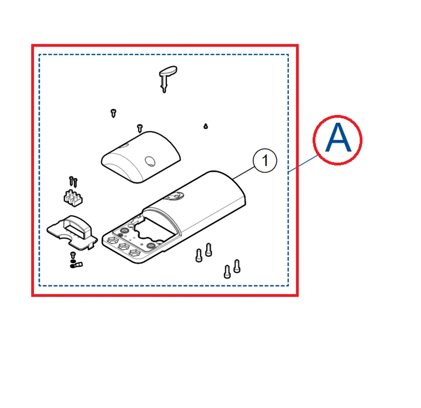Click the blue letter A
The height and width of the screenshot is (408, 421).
tap(338, 138)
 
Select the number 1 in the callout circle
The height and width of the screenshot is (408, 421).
tap(265, 160)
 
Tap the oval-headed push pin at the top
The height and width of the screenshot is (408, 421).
tap(167, 78)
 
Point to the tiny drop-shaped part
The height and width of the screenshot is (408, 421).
tap(206, 126)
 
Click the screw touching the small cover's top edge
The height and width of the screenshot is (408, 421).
tap(139, 128)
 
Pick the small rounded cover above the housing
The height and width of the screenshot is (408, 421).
tap(141, 157)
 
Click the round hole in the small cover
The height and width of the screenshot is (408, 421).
tap(150, 161)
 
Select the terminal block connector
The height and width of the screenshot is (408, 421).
tap(73, 198)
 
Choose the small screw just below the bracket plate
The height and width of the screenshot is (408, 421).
tap(73, 255)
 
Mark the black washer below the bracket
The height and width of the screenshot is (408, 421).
tap(73, 261)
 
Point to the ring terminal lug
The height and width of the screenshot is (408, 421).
tap(76, 265)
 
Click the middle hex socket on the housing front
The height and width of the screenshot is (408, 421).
tap(124, 246)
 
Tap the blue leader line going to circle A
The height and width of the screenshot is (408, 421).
tap(303, 164)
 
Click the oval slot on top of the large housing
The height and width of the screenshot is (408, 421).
tap(174, 197)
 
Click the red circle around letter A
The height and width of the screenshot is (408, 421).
tap(338, 116)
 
